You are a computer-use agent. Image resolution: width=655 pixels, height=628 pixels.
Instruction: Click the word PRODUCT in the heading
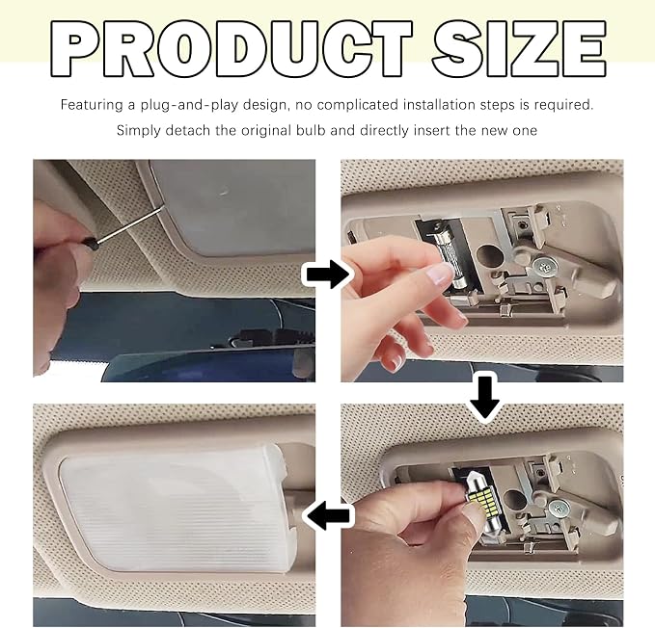coord(232,49)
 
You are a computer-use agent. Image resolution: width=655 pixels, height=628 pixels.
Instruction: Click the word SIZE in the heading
coord(519,49)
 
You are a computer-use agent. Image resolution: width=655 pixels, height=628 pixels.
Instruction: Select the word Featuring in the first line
coord(92,104)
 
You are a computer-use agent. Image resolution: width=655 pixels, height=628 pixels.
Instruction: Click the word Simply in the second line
coord(139,131)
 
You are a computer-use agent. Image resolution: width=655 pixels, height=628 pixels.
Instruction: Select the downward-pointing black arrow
coord(484,397)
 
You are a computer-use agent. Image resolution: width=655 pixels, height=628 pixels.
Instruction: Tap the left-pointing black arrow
coord(329,515)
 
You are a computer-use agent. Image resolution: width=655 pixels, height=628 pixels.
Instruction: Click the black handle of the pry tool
coord(92,244)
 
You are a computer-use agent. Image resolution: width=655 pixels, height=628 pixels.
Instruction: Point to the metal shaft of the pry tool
coord(130,224)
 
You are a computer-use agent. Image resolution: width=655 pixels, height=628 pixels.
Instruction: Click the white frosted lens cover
coord(172,508)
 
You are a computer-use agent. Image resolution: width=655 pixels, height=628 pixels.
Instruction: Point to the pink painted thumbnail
coord(439,275)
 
